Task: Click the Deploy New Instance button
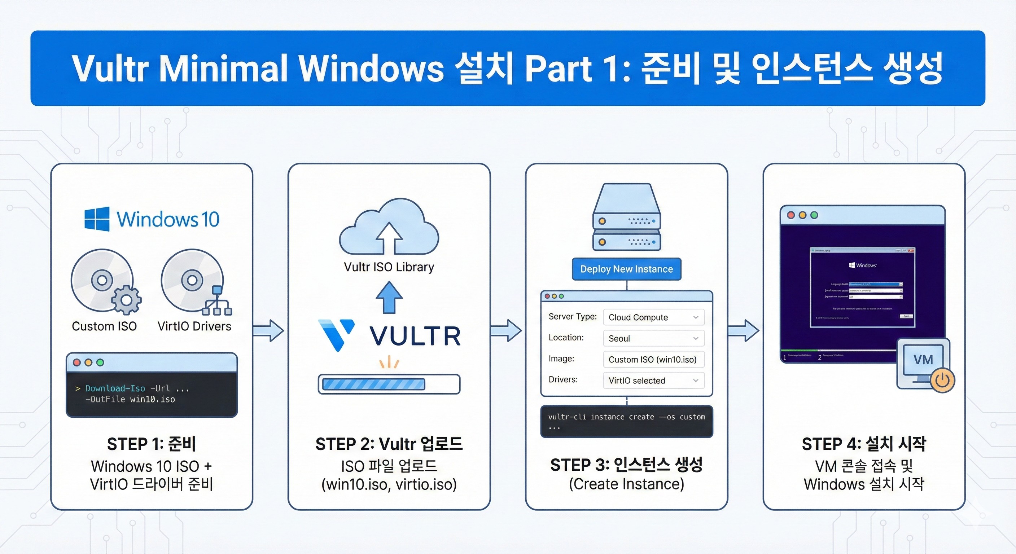pos(626,269)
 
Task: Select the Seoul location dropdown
pos(653,338)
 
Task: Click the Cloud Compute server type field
pos(653,317)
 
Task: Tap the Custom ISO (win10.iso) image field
pos(653,359)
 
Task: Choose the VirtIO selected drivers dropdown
pos(653,381)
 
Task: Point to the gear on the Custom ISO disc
pos(126,300)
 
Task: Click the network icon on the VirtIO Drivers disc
pos(217,302)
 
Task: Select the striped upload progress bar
pos(373,384)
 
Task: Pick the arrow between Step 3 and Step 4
pos(744,330)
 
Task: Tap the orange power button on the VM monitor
pos(943,380)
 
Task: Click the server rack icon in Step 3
pos(626,217)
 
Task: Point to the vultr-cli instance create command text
pos(626,417)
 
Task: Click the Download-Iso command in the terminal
pos(115,388)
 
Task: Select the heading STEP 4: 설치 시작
pos(864,444)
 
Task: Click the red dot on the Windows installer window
pos(791,215)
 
